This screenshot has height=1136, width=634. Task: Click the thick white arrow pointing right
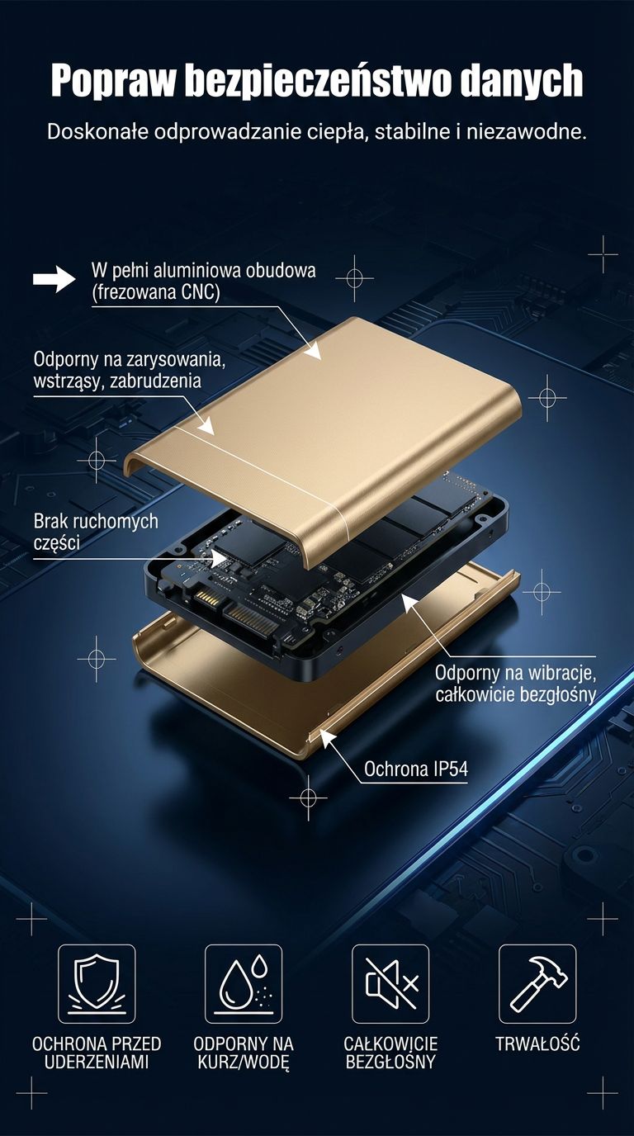(x=54, y=279)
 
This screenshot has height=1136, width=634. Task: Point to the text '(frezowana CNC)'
(x=156, y=292)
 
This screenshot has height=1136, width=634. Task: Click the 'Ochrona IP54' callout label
(x=416, y=769)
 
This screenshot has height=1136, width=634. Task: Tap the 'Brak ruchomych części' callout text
(x=96, y=532)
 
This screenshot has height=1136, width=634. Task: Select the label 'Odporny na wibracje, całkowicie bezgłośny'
(x=515, y=684)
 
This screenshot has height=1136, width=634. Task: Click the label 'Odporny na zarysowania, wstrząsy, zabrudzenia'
(x=130, y=370)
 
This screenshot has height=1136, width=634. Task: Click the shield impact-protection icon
(x=97, y=984)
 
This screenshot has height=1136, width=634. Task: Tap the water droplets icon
(x=244, y=984)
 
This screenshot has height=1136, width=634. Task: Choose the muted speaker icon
(x=390, y=984)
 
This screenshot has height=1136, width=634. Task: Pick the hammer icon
(x=537, y=984)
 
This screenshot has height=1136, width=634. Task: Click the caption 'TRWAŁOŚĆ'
(x=537, y=1044)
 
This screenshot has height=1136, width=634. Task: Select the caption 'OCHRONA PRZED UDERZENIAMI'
(x=97, y=1053)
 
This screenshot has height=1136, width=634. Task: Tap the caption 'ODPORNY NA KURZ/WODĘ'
(x=244, y=1053)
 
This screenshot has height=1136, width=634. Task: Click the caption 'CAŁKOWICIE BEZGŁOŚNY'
(x=390, y=1053)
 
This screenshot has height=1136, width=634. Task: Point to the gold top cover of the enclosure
(x=324, y=436)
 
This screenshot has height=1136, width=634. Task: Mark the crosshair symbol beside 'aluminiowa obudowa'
(x=354, y=278)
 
